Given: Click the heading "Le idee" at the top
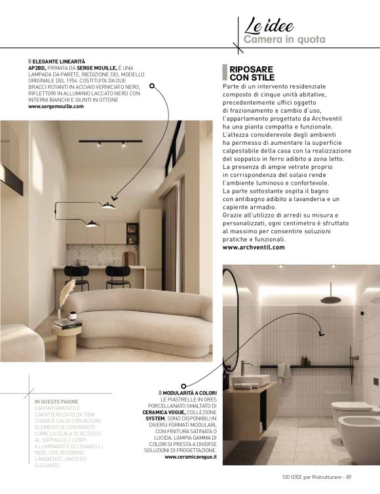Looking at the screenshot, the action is click(269, 26).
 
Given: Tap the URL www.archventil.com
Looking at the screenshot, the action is click(254, 247).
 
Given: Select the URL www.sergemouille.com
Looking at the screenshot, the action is click(56, 106).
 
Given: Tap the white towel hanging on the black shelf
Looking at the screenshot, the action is click(284, 371).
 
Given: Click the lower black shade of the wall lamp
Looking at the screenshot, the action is click(92, 224).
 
